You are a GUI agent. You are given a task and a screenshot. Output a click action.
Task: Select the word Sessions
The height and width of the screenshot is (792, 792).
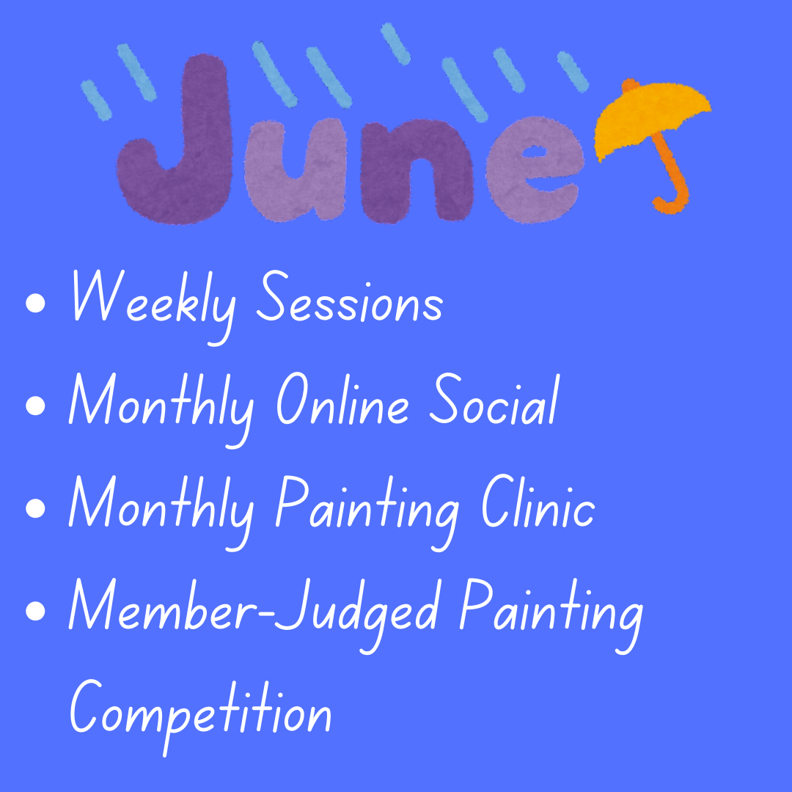click(x=350, y=297)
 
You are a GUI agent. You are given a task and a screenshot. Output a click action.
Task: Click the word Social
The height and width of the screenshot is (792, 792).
click(x=494, y=399)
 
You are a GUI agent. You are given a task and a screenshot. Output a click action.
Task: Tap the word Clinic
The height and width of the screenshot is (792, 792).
click(x=538, y=502)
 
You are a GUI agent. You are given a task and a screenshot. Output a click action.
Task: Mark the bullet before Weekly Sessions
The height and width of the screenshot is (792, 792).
click(x=35, y=303)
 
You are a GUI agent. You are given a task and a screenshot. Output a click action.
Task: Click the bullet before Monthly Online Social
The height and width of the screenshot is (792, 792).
click(x=35, y=406)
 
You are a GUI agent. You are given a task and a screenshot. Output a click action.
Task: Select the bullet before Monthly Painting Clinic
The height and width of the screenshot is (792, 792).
click(x=35, y=508)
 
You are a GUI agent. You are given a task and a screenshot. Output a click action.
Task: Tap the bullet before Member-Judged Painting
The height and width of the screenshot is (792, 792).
click(x=35, y=611)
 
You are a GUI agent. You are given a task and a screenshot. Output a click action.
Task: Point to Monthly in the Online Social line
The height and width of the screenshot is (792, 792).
click(x=161, y=410)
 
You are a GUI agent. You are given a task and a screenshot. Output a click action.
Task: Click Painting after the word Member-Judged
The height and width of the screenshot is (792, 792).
click(x=551, y=616)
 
